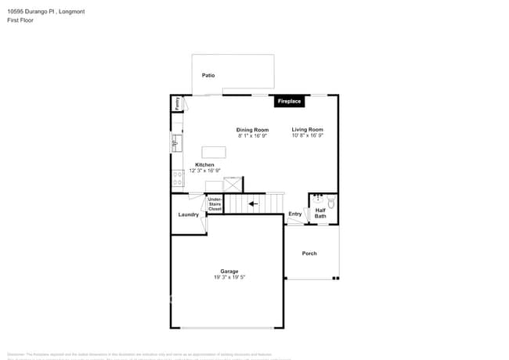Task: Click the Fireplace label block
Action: tap(289, 102)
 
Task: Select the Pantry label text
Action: tap(178, 103)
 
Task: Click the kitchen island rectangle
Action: tap(214, 152)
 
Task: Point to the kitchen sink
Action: tap(176, 143)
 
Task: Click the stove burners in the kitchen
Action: tap(176, 178)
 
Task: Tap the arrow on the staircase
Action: tap(251, 204)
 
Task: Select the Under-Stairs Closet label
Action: tap(215, 204)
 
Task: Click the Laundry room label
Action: tap(188, 214)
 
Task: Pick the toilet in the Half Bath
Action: tap(331, 203)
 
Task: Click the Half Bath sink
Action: tap(319, 198)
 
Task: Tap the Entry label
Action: tap(294, 214)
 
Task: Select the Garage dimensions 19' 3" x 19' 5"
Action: tap(229, 278)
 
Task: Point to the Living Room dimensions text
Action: tap(308, 135)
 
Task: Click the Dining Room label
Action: tap(252, 130)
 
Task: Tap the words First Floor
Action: tap(19, 21)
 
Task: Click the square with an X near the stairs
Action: tap(233, 185)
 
